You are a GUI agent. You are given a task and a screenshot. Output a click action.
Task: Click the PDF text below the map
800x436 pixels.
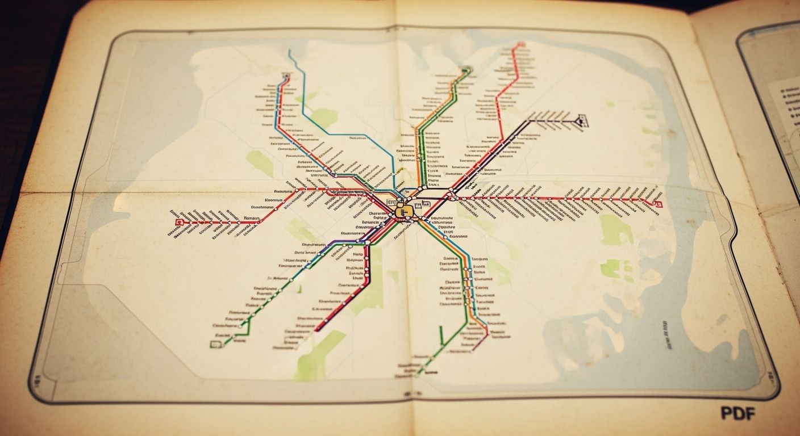(738, 413)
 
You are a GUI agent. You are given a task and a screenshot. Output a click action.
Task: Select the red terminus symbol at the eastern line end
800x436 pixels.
(659, 203)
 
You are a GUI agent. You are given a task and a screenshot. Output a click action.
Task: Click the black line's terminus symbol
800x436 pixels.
(581, 120)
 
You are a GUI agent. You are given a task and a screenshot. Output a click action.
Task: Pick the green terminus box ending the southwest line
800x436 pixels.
(215, 344)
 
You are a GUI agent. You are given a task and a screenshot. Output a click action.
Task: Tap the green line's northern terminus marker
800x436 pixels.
(467, 70)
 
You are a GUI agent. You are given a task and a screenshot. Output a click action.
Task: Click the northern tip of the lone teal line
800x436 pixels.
(289, 51)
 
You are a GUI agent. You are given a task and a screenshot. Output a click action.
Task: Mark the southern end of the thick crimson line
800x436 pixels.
(317, 329)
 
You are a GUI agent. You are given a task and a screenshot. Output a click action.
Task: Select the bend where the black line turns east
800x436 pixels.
(530, 120)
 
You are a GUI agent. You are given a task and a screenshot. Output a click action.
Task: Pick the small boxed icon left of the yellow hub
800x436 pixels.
(391, 202)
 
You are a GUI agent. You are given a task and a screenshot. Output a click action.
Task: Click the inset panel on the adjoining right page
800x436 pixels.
(778, 114)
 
